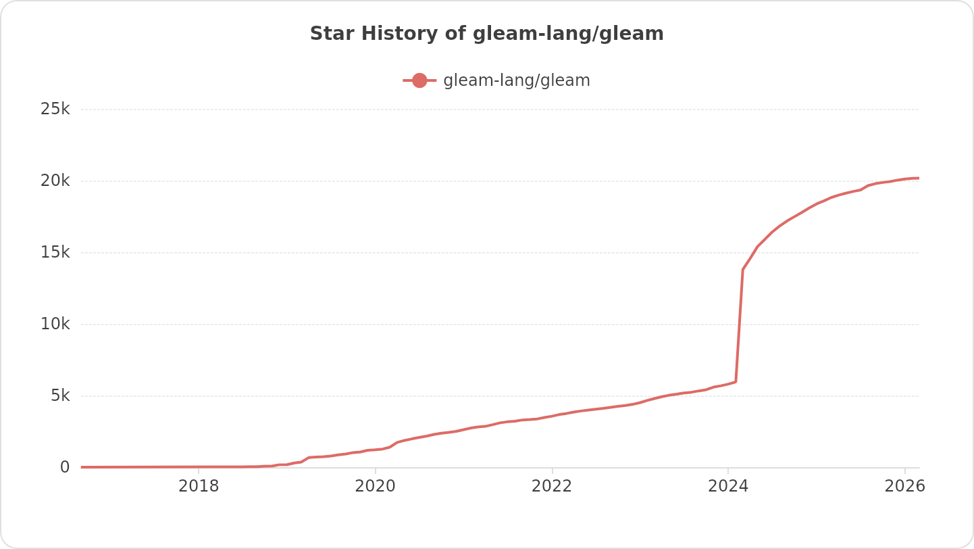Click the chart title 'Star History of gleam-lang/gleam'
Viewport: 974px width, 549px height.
(x=486, y=34)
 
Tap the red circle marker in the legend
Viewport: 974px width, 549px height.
(x=419, y=80)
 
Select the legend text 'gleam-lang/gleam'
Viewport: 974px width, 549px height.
(x=517, y=80)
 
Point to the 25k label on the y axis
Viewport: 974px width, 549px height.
(x=55, y=109)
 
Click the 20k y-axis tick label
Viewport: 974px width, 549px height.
(x=55, y=181)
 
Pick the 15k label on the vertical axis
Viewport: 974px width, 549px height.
(x=55, y=252)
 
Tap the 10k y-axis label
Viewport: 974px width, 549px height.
(x=55, y=324)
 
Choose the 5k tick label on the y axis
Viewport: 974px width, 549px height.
(x=60, y=396)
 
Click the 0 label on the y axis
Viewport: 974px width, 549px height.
(x=65, y=467)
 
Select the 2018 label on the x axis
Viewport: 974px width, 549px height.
(x=199, y=487)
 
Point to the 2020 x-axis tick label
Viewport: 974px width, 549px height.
(x=375, y=487)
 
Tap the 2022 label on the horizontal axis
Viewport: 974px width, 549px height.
(x=552, y=487)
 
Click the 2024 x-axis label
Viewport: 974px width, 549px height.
(x=728, y=487)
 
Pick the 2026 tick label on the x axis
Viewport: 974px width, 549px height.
(x=904, y=487)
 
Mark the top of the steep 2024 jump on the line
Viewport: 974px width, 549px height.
(x=743, y=269)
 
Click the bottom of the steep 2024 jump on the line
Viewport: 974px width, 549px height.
(x=736, y=381)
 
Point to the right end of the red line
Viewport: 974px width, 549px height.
(x=919, y=178)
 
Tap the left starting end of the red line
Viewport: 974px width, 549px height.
(x=82, y=467)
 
